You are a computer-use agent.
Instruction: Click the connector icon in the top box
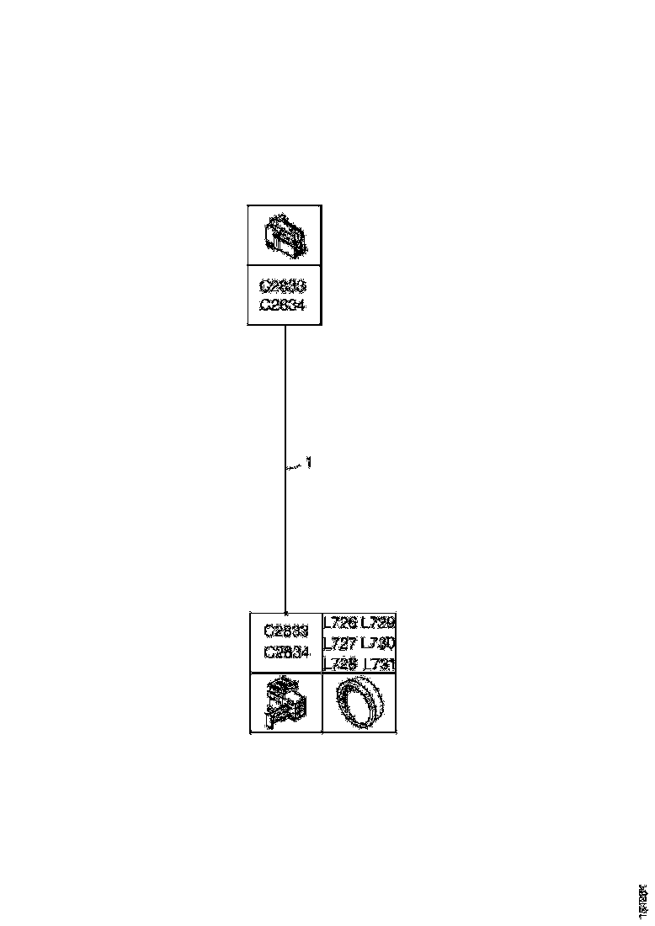click(x=283, y=235)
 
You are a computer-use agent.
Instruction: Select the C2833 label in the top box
click(x=283, y=286)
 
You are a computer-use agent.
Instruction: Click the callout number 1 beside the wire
click(x=309, y=462)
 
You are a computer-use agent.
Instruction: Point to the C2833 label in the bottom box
click(x=286, y=631)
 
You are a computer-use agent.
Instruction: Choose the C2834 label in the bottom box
click(x=286, y=651)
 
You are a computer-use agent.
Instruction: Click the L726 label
click(x=341, y=624)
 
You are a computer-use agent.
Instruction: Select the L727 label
click(x=341, y=644)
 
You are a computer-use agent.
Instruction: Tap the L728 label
click(x=341, y=663)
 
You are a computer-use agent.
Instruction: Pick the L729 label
click(x=378, y=624)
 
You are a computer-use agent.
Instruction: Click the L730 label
click(x=378, y=644)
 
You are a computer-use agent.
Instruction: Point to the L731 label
click(x=378, y=663)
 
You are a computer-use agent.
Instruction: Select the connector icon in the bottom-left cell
click(x=286, y=703)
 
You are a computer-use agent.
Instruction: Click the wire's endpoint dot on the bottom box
click(x=286, y=613)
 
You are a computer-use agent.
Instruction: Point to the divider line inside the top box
click(x=283, y=266)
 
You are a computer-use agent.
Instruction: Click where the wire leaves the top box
click(x=285, y=326)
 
